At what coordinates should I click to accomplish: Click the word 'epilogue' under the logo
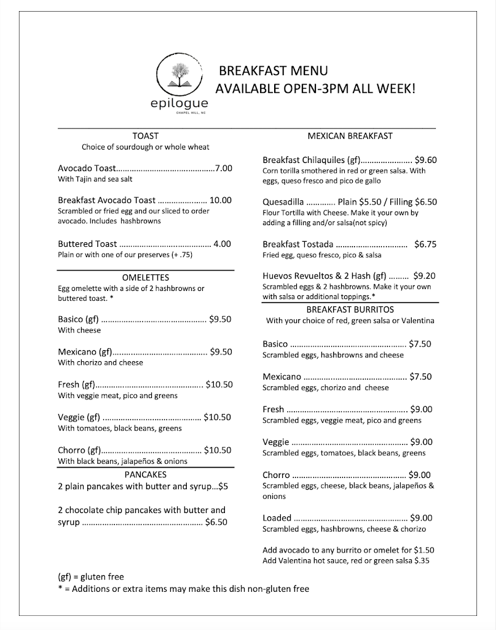(x=179, y=103)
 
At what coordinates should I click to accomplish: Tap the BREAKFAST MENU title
(x=273, y=71)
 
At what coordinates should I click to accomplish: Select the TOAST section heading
(x=145, y=136)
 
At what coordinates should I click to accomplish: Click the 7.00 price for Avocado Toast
(x=224, y=168)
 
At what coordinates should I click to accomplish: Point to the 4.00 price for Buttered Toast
(x=222, y=244)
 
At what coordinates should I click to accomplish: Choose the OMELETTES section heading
(x=145, y=277)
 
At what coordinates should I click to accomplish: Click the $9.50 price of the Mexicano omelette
(x=220, y=352)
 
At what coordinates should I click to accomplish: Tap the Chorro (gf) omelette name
(x=79, y=450)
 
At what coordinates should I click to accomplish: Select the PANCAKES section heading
(x=145, y=474)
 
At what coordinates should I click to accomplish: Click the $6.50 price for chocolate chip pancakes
(x=216, y=522)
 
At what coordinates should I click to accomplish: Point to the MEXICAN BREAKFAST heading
(x=350, y=136)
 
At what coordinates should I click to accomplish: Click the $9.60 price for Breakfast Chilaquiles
(x=425, y=159)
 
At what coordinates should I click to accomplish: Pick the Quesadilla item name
(x=283, y=201)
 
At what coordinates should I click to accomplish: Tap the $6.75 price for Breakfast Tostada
(x=425, y=244)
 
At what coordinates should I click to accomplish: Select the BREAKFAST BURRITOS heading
(x=350, y=309)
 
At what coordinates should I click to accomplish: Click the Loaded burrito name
(x=277, y=518)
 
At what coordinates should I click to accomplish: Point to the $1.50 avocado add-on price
(x=429, y=549)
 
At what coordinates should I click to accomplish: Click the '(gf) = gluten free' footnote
(x=91, y=577)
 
